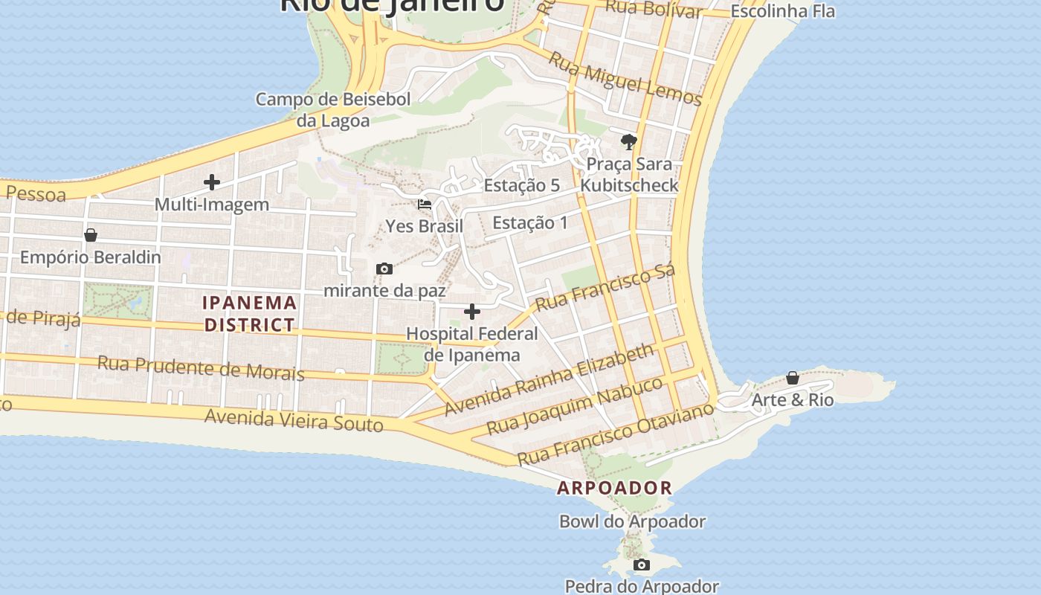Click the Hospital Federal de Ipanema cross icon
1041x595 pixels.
(472, 312)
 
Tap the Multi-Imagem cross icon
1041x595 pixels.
(212, 182)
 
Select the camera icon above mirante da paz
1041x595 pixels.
(384, 268)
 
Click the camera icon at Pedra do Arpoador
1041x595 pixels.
(641, 565)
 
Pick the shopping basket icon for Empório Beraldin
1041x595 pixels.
(91, 235)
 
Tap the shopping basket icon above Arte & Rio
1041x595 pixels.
(793, 378)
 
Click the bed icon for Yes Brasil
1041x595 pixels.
(425, 205)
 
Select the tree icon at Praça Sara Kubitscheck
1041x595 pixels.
(629, 141)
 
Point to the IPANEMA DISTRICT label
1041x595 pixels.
(250, 314)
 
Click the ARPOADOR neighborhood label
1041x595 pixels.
(615, 488)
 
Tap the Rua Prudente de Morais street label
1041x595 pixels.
(201, 367)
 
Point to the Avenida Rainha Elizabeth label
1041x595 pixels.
(549, 379)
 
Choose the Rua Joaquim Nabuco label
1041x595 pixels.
(574, 406)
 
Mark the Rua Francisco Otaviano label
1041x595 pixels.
(615, 434)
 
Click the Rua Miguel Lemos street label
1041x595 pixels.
(625, 79)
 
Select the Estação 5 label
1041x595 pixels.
(521, 185)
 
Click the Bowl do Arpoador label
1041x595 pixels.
(632, 521)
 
